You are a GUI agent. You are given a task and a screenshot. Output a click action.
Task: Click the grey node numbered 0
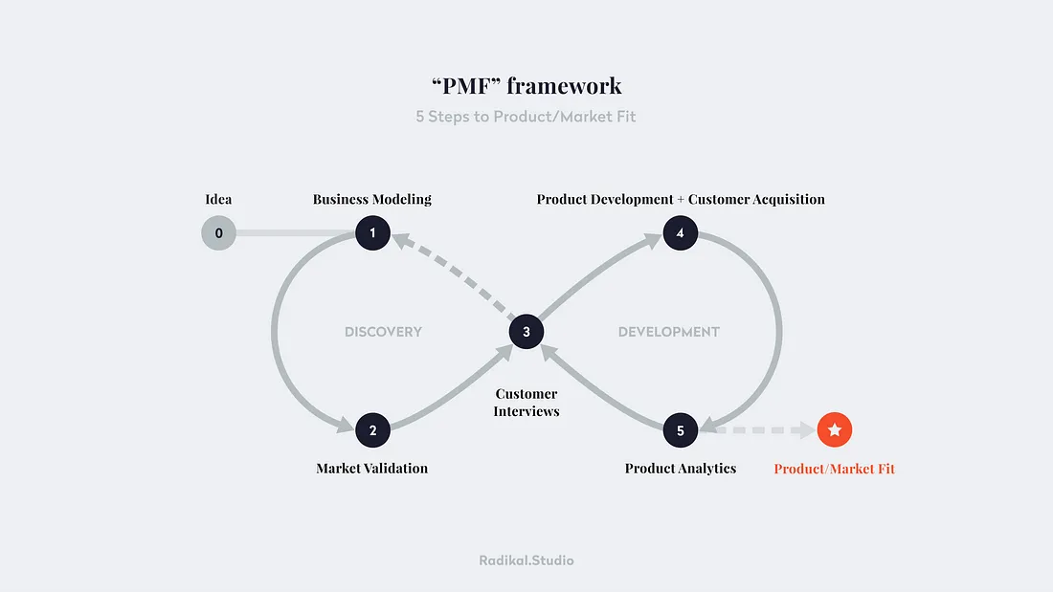coord(218,232)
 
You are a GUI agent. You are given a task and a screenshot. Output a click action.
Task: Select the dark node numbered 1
coord(372,232)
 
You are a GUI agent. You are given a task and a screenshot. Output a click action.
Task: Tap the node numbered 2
coord(372,430)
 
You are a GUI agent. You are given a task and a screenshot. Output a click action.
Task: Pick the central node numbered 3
coord(526,332)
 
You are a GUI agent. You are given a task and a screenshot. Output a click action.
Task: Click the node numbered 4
coord(680,232)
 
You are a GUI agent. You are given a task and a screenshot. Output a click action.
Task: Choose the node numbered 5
coord(680,430)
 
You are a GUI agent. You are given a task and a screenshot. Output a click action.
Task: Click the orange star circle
coord(835,430)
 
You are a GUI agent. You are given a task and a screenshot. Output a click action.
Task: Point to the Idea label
coord(218,199)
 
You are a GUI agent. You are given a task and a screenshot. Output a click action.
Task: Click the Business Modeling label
coord(372,199)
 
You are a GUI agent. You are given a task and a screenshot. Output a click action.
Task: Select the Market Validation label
coord(372,468)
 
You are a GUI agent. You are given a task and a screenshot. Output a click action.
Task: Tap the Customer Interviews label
coord(526,402)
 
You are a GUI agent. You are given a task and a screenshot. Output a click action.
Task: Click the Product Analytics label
coord(680,468)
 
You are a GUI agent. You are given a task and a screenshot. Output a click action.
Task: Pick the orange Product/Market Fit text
coord(835,469)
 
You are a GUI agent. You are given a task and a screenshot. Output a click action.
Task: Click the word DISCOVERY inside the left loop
coord(383,332)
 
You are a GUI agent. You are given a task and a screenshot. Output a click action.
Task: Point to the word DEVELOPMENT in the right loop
coord(669,332)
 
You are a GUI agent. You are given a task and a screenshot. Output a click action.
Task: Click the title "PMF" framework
coord(526,85)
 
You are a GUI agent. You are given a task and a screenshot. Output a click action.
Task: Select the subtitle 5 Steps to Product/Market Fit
coord(526,117)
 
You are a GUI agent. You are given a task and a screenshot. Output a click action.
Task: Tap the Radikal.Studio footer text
coord(526,560)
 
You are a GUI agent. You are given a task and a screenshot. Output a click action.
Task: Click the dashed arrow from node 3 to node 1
coord(450,281)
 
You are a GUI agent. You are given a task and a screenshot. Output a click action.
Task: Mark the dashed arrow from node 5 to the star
coord(756,430)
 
